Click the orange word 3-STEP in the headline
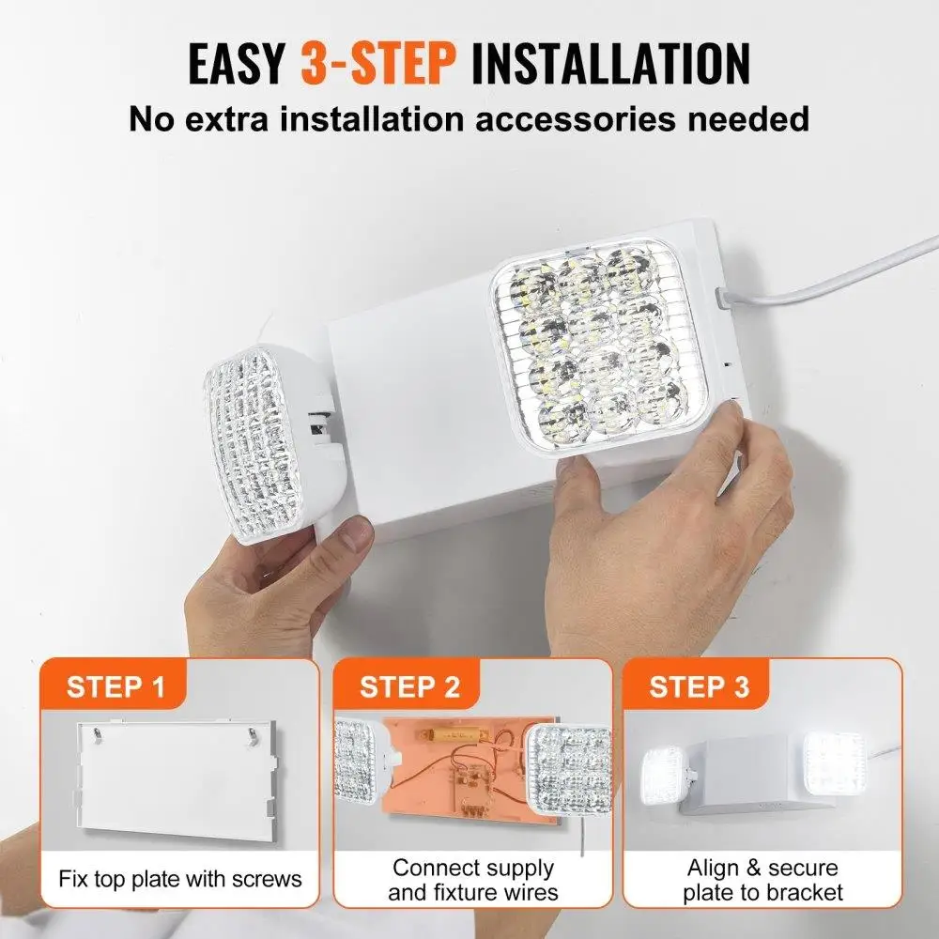(x=377, y=63)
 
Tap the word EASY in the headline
(x=237, y=63)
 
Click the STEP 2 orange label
(x=409, y=686)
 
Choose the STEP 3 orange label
(x=699, y=686)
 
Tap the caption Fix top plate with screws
(x=180, y=879)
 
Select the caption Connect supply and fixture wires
(x=472, y=880)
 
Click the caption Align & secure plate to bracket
(x=762, y=880)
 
